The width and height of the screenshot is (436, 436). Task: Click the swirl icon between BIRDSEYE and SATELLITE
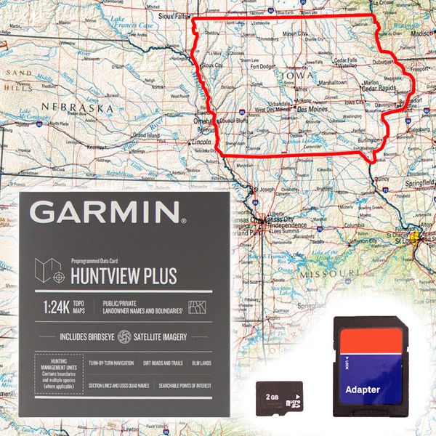[124, 336]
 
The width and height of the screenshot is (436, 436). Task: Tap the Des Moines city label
[312, 109]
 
